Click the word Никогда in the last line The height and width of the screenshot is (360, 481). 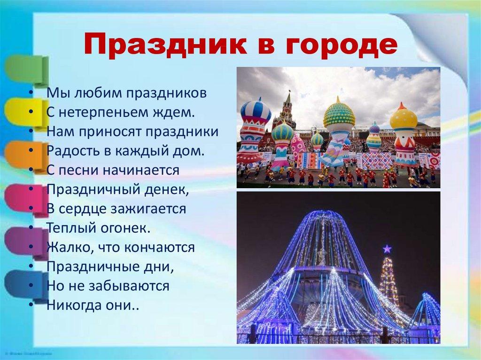click(71, 305)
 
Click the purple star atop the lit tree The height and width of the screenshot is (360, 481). click(387, 249)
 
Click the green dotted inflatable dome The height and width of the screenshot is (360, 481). click(339, 114)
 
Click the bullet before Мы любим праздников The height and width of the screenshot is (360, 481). click(30, 93)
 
